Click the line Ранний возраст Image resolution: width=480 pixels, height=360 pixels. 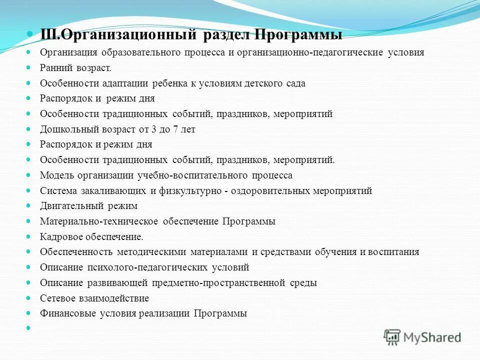pyautogui.click(x=75, y=67)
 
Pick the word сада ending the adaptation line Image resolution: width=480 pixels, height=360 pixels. pyautogui.click(x=295, y=83)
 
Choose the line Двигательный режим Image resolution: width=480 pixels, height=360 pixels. pyautogui.click(x=88, y=206)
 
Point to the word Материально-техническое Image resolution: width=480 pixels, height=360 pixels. pyautogui.click(x=99, y=221)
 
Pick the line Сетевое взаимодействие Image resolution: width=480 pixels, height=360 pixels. pyautogui.click(x=94, y=298)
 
